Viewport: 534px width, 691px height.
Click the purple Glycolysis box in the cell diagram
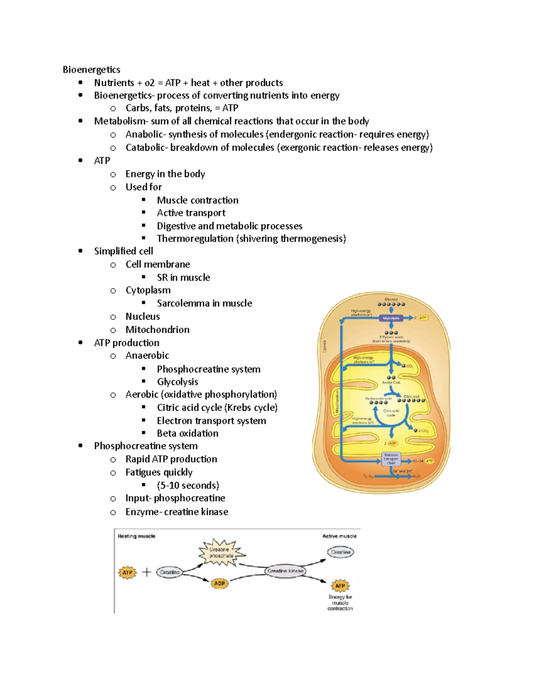click(x=391, y=318)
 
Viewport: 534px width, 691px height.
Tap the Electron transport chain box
click(x=391, y=459)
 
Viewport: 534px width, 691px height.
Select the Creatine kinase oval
click(x=285, y=571)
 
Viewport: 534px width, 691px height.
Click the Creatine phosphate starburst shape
click(x=221, y=553)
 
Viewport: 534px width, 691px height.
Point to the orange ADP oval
click(x=219, y=583)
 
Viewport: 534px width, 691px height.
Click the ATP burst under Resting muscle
click(x=127, y=573)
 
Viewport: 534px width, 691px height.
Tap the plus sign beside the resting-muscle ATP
click(x=146, y=572)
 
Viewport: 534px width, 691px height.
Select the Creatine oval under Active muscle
click(x=341, y=552)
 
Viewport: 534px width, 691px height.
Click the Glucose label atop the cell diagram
click(x=391, y=299)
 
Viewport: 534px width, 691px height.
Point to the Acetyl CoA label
click(x=391, y=383)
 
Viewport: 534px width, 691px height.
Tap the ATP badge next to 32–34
click(x=429, y=461)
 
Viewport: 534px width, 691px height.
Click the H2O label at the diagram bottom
click(x=417, y=477)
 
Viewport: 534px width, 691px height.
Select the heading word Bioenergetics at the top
click(x=91, y=69)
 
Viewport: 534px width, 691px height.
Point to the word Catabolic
click(x=145, y=148)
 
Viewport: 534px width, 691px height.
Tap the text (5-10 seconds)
click(x=188, y=485)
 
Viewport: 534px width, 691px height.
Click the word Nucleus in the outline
click(x=142, y=316)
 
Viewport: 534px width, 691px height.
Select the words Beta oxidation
click(x=187, y=433)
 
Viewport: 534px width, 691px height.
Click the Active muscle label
click(x=339, y=536)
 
